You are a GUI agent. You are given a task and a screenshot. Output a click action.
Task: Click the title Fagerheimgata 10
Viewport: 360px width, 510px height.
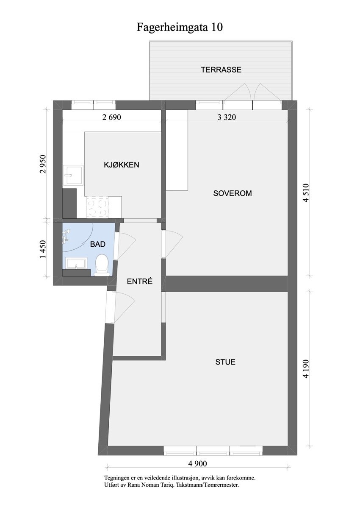point(180,28)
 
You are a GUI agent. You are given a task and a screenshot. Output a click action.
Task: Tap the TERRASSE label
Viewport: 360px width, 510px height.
point(221,70)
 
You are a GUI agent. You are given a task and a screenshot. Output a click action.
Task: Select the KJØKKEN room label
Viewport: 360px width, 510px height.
point(122,165)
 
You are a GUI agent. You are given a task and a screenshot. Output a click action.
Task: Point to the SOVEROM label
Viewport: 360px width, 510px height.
point(233,193)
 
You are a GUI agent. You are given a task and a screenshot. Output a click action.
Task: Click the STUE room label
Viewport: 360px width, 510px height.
point(225,362)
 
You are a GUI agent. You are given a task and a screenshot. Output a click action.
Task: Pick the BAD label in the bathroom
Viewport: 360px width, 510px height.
point(97,244)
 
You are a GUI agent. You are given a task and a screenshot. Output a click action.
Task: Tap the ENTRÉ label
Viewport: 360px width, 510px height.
point(139,281)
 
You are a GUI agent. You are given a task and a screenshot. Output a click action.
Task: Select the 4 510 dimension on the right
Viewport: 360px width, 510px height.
point(307,193)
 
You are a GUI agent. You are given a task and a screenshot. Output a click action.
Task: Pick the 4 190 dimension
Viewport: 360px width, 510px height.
point(307,370)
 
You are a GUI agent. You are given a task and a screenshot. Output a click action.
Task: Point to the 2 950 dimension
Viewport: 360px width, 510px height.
point(42,164)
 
